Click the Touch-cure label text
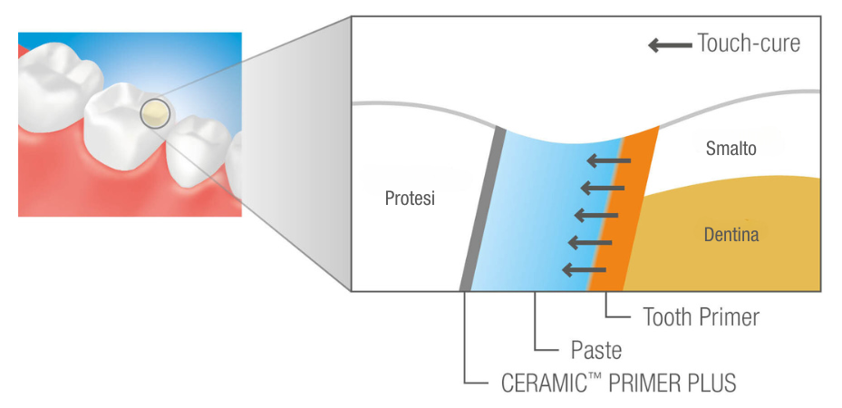point(749,44)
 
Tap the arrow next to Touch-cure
point(670,45)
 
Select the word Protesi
point(410,199)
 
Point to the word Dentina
point(731,235)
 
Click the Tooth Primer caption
point(702,317)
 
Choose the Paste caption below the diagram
point(596,351)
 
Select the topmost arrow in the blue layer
point(608,160)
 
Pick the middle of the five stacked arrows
point(596,215)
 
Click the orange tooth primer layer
point(624,209)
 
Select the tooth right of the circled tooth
point(198,151)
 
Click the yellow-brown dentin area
point(731,237)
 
